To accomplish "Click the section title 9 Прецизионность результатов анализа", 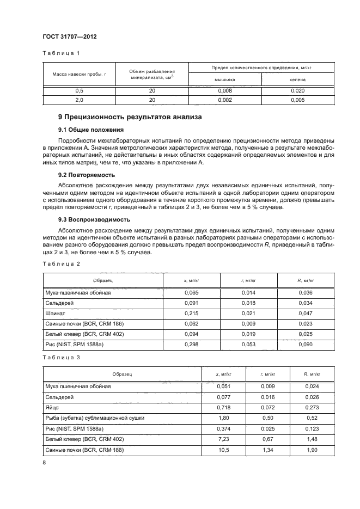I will click(x=130, y=116).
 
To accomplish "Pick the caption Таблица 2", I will click(x=61, y=263).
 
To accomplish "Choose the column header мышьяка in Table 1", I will click(x=224, y=79).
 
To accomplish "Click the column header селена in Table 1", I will click(x=297, y=79).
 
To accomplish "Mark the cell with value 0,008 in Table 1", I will click(x=224, y=91).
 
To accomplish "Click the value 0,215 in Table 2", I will click(x=185, y=314).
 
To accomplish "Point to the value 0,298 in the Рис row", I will click(x=185, y=345).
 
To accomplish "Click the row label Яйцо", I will click(x=52, y=407).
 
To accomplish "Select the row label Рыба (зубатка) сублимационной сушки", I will click(x=94, y=417).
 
